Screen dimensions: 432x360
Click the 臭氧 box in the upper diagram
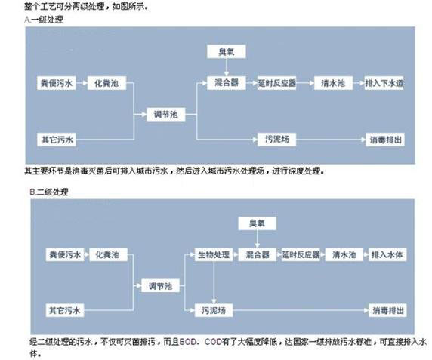[226, 51]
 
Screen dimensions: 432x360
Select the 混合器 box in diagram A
[226, 82]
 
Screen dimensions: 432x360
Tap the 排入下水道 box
[384, 83]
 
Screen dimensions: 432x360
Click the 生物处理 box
[214, 254]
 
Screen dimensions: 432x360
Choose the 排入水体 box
[387, 254]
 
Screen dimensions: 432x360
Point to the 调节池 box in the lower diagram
[160, 286]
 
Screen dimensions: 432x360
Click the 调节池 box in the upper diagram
[165, 114]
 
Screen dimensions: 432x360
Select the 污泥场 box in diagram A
[277, 140]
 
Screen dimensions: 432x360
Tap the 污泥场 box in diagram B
[214, 310]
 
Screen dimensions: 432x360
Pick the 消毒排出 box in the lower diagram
[387, 310]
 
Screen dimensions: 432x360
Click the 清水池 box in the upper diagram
[333, 83]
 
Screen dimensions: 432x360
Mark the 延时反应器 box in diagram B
[301, 254]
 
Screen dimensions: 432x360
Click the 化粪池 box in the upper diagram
[106, 83]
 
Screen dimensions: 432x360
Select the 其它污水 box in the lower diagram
[65, 310]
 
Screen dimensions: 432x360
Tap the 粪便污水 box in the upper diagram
[57, 83]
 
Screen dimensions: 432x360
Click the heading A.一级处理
[44, 20]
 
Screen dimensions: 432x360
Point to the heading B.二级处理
[49, 192]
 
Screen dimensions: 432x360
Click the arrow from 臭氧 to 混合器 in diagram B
[257, 239]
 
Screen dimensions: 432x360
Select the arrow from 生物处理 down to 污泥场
[214, 283]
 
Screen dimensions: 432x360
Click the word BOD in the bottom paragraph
[187, 342]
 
